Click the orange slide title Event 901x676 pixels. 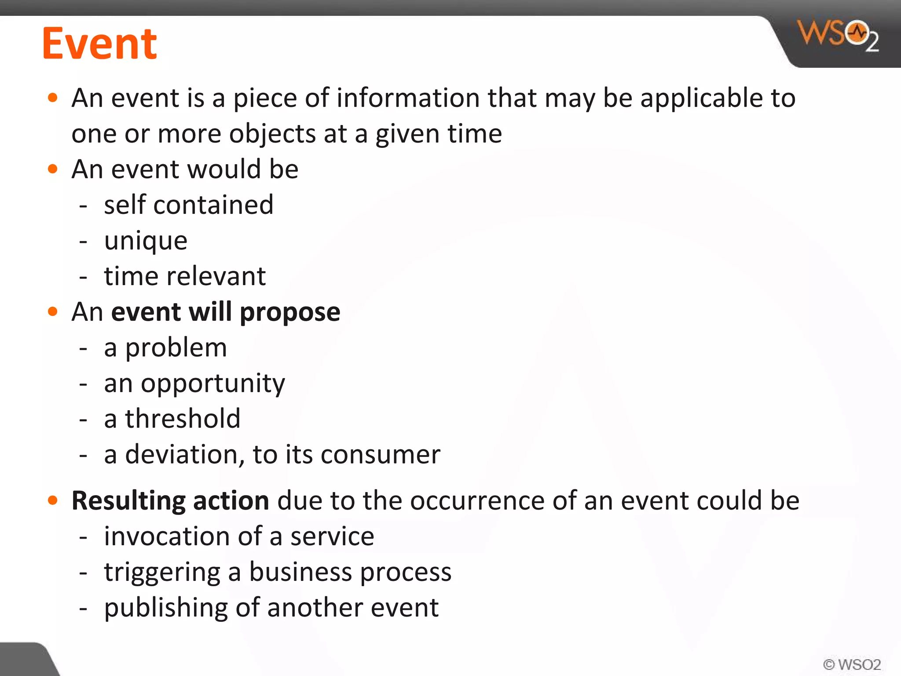[99, 44]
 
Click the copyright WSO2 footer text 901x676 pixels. [852, 664]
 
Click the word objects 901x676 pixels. [272, 134]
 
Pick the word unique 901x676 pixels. [146, 241]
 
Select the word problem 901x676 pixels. [176, 348]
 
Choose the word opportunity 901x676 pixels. [213, 384]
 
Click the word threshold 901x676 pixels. [183, 419]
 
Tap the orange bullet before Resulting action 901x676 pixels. [53, 500]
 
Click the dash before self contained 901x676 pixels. [83, 206]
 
